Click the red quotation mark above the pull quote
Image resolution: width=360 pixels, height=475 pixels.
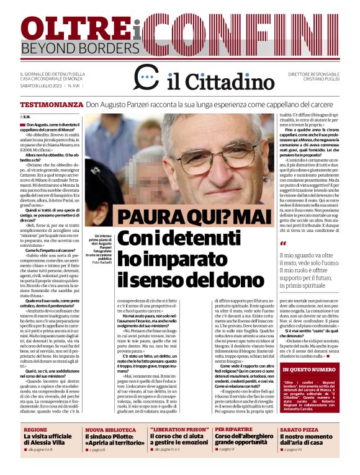click(282, 244)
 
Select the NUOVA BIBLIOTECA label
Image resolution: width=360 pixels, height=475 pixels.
click(110, 429)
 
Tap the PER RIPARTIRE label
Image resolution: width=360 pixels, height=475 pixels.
click(233, 429)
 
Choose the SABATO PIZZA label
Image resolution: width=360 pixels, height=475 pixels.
click(298, 429)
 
